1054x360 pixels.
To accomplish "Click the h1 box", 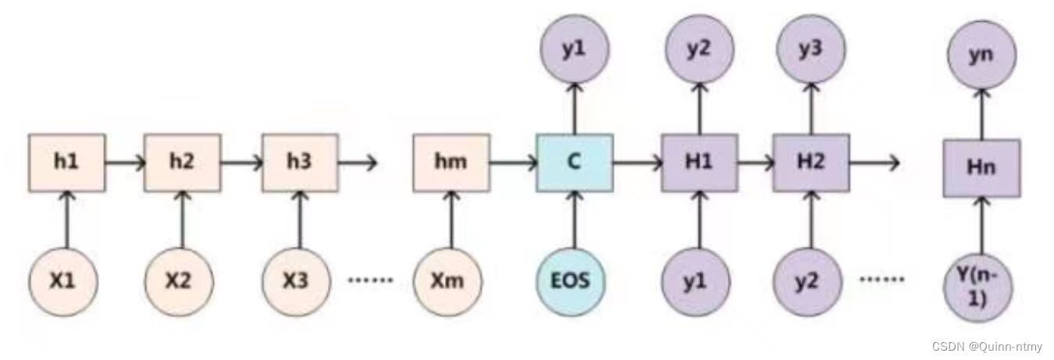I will pos(66,162).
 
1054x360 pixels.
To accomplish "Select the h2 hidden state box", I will pos(182,162).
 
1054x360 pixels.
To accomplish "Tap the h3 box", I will pos(299,162).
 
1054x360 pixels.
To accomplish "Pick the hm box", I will pos(450,162).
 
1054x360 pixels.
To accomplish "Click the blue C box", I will pos(574,162).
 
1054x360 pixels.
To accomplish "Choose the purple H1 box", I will pos(699,162).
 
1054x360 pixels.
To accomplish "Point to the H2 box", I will pos(810,162).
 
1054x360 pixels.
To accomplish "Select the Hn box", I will pos(981,168).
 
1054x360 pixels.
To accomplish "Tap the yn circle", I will pos(981,57).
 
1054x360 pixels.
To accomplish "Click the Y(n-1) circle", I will pos(977,285).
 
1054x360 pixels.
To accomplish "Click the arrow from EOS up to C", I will pos(574,220).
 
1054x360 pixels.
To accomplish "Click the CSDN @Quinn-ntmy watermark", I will pos(987,345).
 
